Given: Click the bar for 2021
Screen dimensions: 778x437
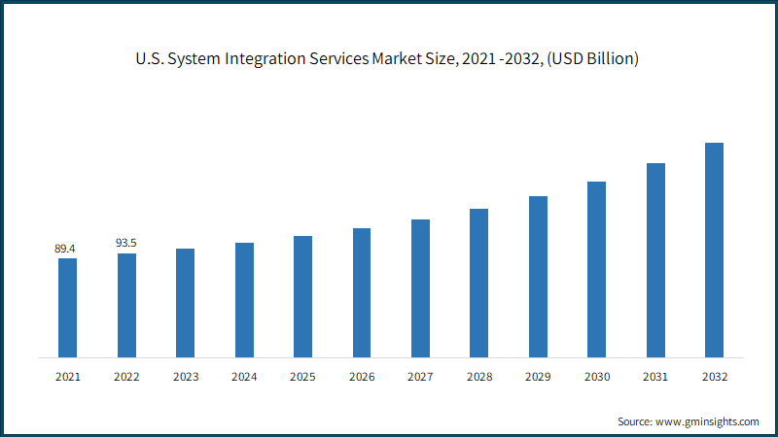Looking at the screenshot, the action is click(x=67, y=308).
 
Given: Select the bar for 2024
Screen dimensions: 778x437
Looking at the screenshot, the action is click(x=244, y=300).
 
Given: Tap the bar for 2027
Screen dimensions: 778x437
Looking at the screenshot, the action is click(x=420, y=288).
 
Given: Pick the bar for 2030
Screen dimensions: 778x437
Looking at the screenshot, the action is click(x=596, y=270).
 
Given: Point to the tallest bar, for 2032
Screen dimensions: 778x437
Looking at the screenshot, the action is click(x=714, y=251).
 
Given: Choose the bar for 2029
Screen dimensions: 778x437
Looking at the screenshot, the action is click(x=538, y=277).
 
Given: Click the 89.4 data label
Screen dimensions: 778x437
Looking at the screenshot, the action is click(x=65, y=249).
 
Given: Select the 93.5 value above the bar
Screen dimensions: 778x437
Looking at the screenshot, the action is click(x=126, y=243).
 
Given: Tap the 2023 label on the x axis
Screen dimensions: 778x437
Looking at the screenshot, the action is click(x=186, y=377).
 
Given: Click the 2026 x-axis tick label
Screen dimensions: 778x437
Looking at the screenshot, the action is click(x=362, y=377).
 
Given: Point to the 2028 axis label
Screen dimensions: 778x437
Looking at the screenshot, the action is click(x=479, y=377).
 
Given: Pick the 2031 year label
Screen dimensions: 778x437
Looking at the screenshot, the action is click(x=655, y=377).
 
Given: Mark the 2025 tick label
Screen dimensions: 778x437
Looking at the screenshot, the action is click(x=302, y=377).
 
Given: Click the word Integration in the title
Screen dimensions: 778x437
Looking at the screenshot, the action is click(x=265, y=59).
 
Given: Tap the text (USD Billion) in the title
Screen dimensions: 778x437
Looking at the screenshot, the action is click(x=593, y=59).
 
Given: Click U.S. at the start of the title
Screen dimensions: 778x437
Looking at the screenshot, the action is click(x=150, y=58).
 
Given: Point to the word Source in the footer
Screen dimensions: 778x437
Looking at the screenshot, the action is click(x=635, y=421).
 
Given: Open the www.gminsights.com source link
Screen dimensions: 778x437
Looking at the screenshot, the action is click(x=707, y=422).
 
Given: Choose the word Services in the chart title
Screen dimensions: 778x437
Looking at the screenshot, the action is click(x=339, y=58).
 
